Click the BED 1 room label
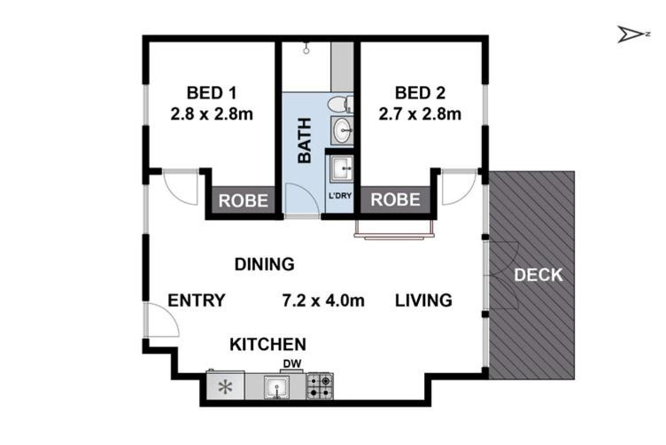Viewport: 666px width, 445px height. (212, 93)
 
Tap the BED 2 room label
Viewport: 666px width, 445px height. (420, 93)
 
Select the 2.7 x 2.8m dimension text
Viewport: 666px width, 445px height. (420, 113)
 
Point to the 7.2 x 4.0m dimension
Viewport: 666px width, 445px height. (323, 301)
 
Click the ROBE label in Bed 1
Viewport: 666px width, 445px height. (244, 200)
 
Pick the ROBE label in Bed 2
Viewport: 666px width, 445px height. (395, 199)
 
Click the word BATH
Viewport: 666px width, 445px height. (305, 141)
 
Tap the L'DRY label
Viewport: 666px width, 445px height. (340, 196)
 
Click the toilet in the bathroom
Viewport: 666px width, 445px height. (341, 104)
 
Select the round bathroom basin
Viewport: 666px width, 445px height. (343, 129)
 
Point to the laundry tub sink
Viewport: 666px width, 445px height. (342, 168)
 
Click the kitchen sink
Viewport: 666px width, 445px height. (276, 387)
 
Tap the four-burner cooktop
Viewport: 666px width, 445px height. (320, 386)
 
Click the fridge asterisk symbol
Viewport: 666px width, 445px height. (225, 387)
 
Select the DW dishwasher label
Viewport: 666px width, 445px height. (292, 363)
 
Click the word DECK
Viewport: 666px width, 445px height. (538, 275)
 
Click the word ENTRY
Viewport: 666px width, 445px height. (197, 301)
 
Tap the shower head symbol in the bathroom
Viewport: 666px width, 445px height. (306, 50)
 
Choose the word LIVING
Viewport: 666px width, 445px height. (423, 301)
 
